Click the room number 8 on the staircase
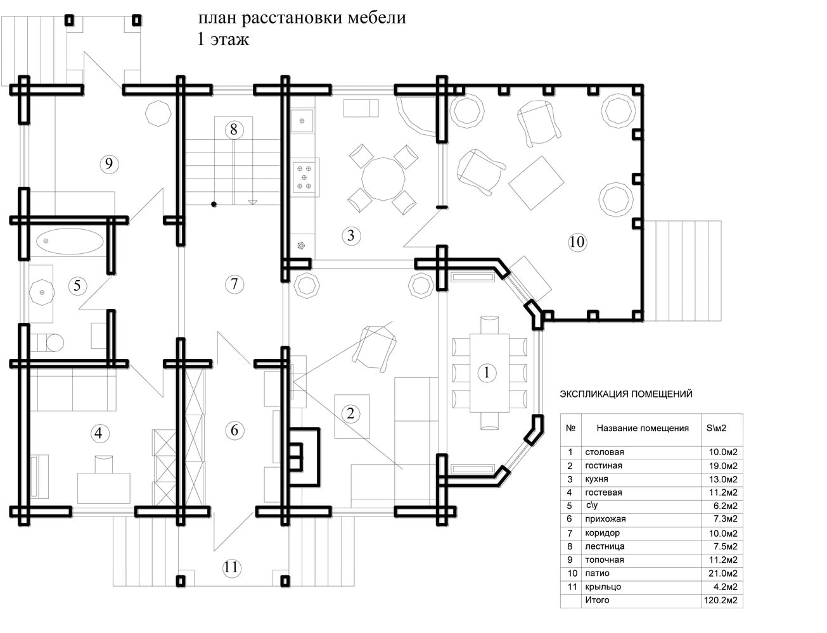coord(233,130)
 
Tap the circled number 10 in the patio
coord(577,242)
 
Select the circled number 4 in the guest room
coord(99,433)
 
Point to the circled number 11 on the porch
coord(231,567)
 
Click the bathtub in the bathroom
coord(70,241)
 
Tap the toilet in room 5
coord(47,342)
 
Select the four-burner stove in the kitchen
coord(304,177)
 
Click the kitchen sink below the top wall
coord(302,121)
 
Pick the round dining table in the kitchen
coord(383,179)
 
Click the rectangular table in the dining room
coord(489,373)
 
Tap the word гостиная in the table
coord(603,466)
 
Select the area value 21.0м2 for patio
coord(722,573)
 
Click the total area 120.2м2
coord(721,600)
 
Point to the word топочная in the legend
coord(605,560)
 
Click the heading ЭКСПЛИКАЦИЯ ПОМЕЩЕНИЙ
coord(626,394)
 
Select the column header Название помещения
coord(643,428)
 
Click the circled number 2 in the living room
coord(350,413)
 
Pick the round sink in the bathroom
coord(42,292)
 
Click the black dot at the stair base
coord(214,204)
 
